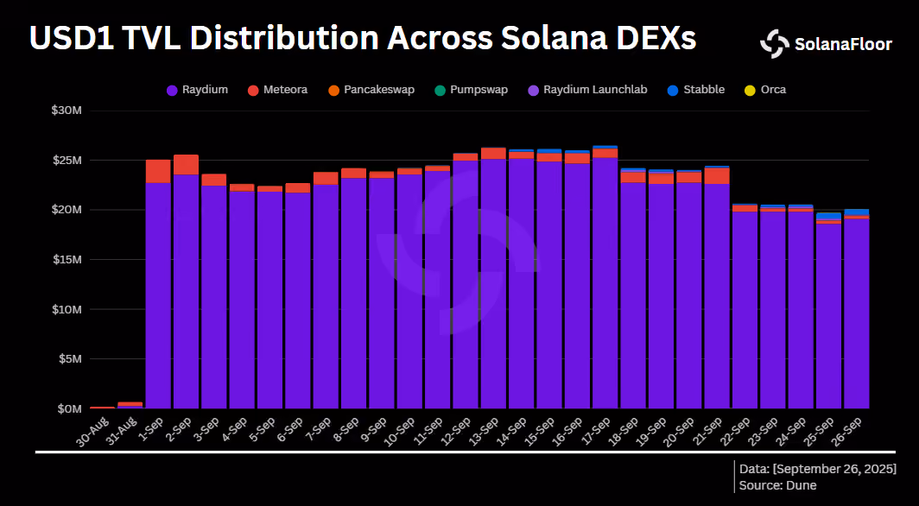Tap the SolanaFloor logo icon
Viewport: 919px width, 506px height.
[775, 44]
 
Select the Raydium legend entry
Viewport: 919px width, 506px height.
[197, 90]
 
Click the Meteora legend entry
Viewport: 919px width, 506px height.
[277, 90]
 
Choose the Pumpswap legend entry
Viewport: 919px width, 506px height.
[472, 90]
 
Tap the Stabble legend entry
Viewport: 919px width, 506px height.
[696, 90]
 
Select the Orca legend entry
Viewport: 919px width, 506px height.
[765, 90]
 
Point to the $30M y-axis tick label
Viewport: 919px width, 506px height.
[67, 111]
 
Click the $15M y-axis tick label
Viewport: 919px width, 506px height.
[67, 259]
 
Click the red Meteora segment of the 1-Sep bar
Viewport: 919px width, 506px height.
[158, 171]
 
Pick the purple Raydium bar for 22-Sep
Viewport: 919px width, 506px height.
[745, 310]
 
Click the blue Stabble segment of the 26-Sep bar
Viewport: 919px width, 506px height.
[856, 212]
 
